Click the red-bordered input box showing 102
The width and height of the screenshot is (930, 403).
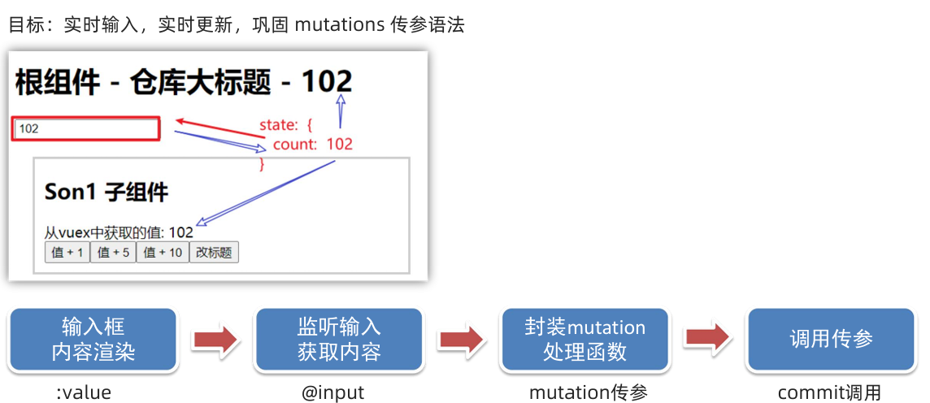[x=85, y=129]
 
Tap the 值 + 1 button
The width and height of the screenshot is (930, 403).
[x=67, y=253]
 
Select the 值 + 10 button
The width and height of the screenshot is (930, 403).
[x=163, y=253]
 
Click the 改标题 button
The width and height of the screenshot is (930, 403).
[x=214, y=253]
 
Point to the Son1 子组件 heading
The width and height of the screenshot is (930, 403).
[x=106, y=193]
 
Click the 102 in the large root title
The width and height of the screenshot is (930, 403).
[x=327, y=81]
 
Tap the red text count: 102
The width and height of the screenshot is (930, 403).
[x=312, y=145]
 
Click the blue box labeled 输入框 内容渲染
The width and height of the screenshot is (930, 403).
[x=93, y=340]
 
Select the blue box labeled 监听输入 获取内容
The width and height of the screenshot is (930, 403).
[x=339, y=340]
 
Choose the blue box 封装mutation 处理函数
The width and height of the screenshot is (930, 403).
[x=585, y=340]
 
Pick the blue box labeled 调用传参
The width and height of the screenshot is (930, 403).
[x=831, y=340]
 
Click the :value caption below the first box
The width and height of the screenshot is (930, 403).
[x=84, y=393]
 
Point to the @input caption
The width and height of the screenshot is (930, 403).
[x=333, y=393]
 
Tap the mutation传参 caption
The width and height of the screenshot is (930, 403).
[x=589, y=393]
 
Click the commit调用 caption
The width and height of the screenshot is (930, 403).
[x=828, y=393]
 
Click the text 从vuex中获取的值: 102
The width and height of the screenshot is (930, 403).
[x=119, y=232]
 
